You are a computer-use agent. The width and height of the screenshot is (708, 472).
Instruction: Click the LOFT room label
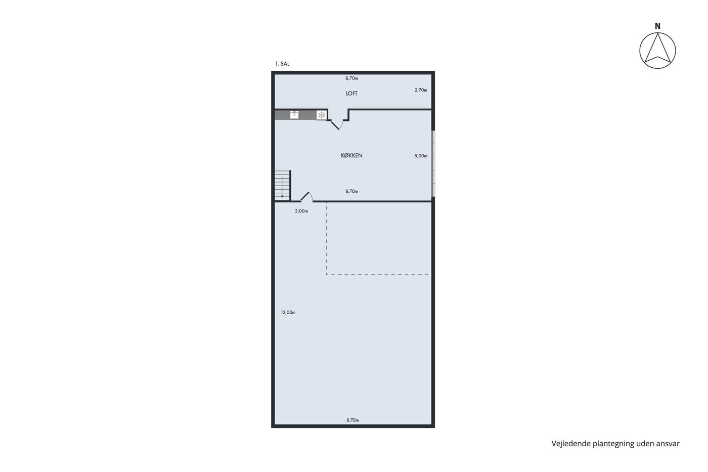tap(351, 93)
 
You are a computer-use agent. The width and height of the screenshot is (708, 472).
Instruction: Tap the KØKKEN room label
tap(351, 155)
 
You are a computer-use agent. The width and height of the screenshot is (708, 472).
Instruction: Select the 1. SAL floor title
tap(282, 64)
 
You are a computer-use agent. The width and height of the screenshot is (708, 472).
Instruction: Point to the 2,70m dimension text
tap(421, 90)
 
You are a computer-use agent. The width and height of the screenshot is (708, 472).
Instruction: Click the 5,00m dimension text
tap(421, 156)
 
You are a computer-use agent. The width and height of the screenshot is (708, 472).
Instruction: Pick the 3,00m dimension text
tap(301, 211)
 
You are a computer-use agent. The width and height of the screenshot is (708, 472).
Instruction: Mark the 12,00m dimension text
tap(288, 312)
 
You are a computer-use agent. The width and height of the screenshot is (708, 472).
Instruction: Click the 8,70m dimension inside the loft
tap(351, 78)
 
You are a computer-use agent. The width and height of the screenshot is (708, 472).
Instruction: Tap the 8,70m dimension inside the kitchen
tap(351, 191)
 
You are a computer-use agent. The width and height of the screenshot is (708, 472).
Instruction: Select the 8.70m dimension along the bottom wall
tap(352, 420)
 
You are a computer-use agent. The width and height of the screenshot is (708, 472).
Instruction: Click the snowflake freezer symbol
tap(321, 115)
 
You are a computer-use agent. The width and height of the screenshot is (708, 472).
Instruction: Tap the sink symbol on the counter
tap(294, 115)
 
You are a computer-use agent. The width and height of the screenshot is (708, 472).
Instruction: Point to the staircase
tap(283, 185)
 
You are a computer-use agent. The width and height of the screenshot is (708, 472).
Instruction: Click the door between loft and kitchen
tap(337, 124)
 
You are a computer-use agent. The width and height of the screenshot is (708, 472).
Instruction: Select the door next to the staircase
tap(306, 197)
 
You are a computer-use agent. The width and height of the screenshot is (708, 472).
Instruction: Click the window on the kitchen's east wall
tap(433, 163)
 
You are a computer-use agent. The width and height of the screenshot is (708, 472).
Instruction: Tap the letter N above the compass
tap(657, 26)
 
